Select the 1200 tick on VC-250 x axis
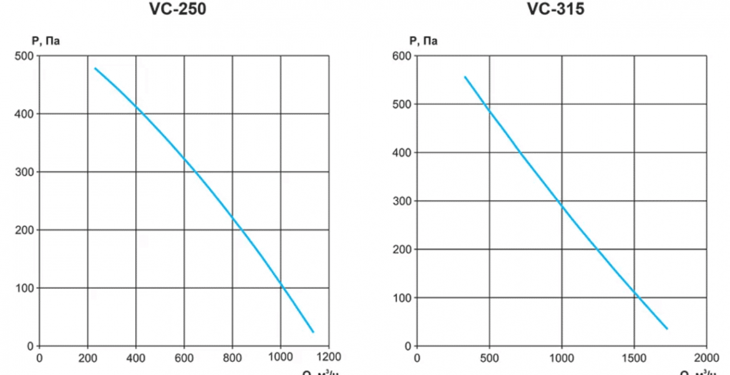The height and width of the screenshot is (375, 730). [328, 358]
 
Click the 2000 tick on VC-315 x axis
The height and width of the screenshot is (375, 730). [706, 358]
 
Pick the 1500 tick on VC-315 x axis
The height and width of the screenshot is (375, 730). [634, 358]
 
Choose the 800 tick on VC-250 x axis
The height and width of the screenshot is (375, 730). [232, 358]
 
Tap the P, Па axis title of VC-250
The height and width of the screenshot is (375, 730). [46, 41]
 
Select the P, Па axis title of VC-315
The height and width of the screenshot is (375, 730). [423, 41]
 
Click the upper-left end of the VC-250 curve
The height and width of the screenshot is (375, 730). [95, 68]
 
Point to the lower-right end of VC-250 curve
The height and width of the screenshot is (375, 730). [313, 332]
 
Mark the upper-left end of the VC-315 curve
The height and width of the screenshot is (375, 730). [465, 77]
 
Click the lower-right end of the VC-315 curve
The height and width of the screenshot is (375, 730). [667, 329]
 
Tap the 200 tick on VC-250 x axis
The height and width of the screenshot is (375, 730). [87, 358]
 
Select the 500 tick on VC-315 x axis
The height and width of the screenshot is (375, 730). [489, 358]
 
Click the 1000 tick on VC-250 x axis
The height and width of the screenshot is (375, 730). [280, 358]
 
